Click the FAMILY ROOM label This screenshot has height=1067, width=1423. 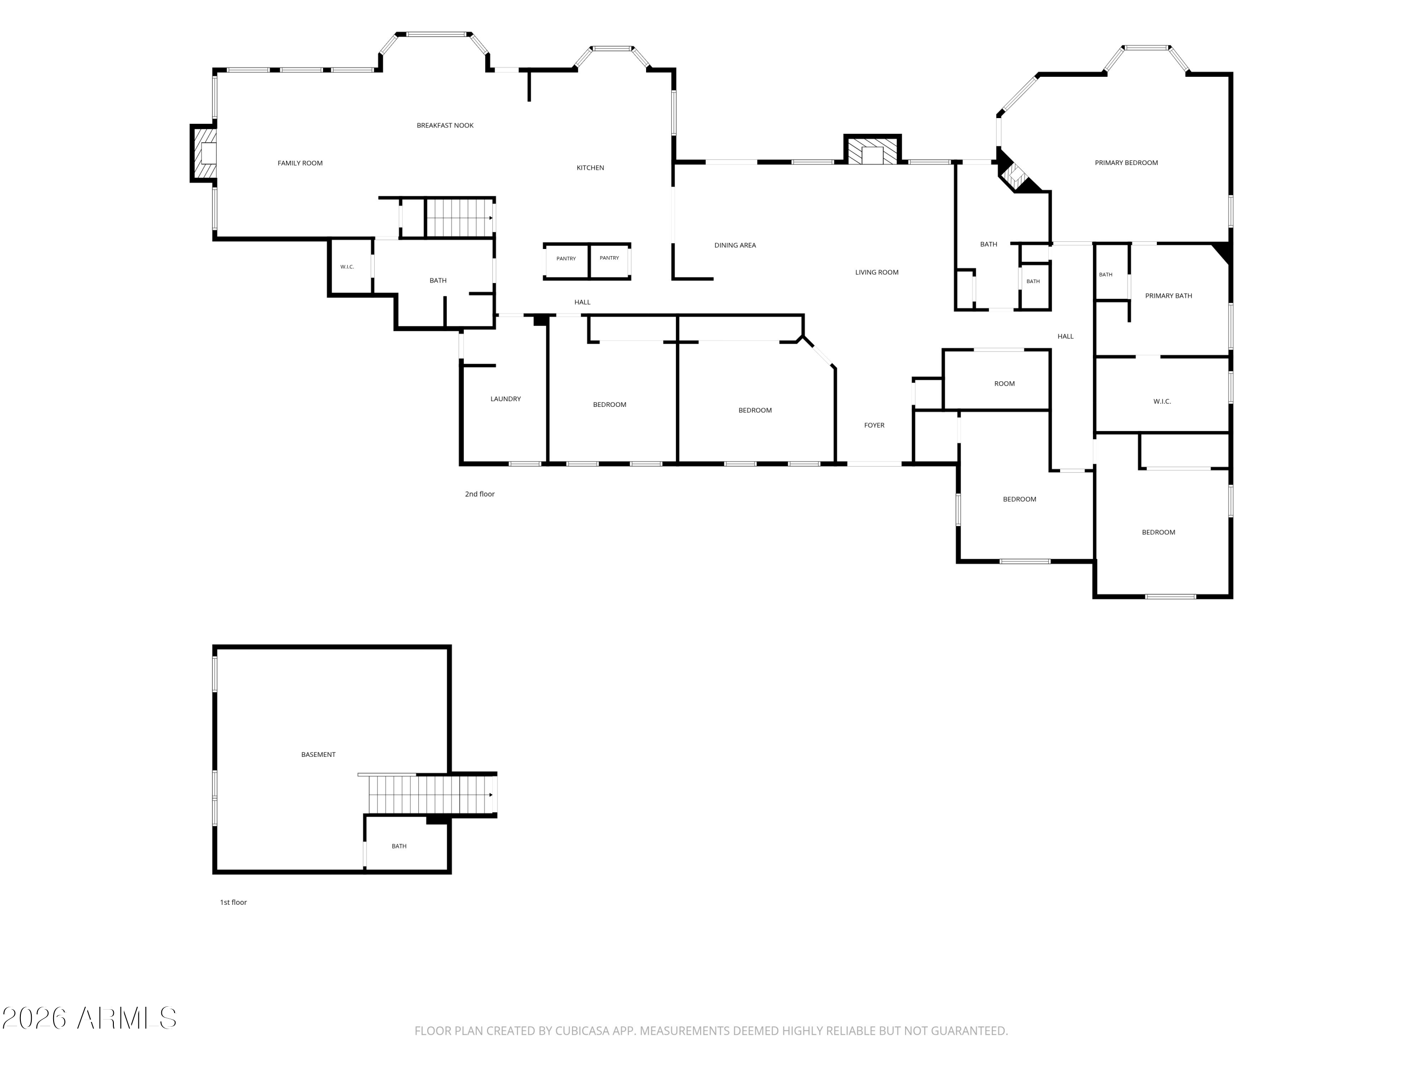pyautogui.click(x=300, y=163)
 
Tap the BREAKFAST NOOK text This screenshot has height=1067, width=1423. pyautogui.click(x=445, y=125)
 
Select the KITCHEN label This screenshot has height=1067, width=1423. pyautogui.click(x=590, y=168)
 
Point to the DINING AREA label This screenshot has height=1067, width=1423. pyautogui.click(x=735, y=245)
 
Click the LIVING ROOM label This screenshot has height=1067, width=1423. pyautogui.click(x=877, y=272)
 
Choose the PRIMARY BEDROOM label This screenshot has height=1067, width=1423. pyautogui.click(x=1127, y=163)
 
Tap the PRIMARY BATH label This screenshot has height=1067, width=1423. pyautogui.click(x=1169, y=296)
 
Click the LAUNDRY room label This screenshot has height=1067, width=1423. pyautogui.click(x=506, y=399)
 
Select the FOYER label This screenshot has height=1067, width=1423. pyautogui.click(x=874, y=425)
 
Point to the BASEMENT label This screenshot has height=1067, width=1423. pyautogui.click(x=318, y=754)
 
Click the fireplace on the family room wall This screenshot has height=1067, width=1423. pyautogui.click(x=203, y=154)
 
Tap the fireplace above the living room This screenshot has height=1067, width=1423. pyautogui.click(x=872, y=149)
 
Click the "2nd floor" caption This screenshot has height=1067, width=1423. pyautogui.click(x=480, y=494)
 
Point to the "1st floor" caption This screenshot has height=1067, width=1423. pyautogui.click(x=233, y=902)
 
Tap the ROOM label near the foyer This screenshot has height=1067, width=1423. pyautogui.click(x=1004, y=384)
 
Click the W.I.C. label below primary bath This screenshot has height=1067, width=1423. pyautogui.click(x=1162, y=401)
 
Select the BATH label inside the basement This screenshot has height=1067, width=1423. pyautogui.click(x=399, y=846)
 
